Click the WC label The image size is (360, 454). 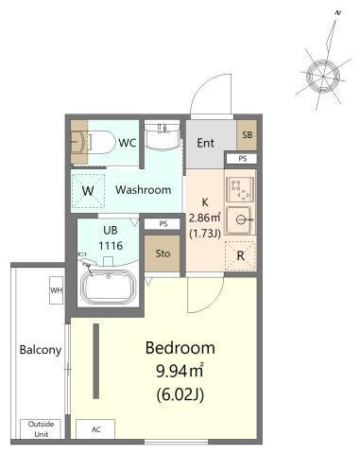click(x=128, y=143)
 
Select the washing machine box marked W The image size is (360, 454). click(x=88, y=190)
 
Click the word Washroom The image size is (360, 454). click(x=144, y=190)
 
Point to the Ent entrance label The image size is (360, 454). click(x=205, y=143)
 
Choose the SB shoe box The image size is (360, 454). click(x=247, y=135)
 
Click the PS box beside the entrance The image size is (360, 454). click(x=242, y=159)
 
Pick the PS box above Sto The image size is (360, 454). click(x=163, y=224)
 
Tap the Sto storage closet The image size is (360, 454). click(x=163, y=253)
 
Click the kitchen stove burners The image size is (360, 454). click(x=241, y=189)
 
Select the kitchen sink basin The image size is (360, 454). click(x=239, y=219)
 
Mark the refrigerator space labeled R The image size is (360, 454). click(x=240, y=255)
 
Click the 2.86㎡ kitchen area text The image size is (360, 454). click(x=204, y=218)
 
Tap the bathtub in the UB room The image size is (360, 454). click(x=109, y=288)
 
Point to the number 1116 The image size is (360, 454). click(x=111, y=246)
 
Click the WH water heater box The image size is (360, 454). click(x=56, y=290)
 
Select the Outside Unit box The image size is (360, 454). click(x=41, y=428)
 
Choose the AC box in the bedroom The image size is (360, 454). click(x=95, y=429)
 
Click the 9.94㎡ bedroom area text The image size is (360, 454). click(x=180, y=371)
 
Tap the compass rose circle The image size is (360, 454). click(x=323, y=77)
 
